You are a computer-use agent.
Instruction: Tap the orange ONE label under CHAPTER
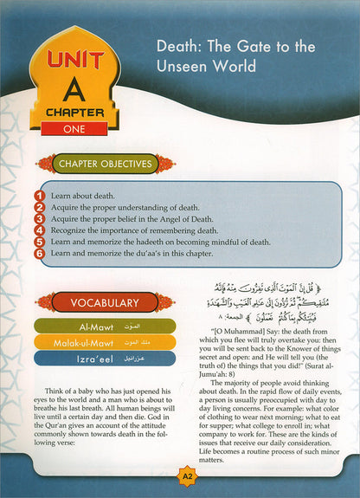pyautogui.click(x=68, y=128)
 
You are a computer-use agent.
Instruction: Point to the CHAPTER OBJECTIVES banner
pyautogui.click(x=105, y=164)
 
